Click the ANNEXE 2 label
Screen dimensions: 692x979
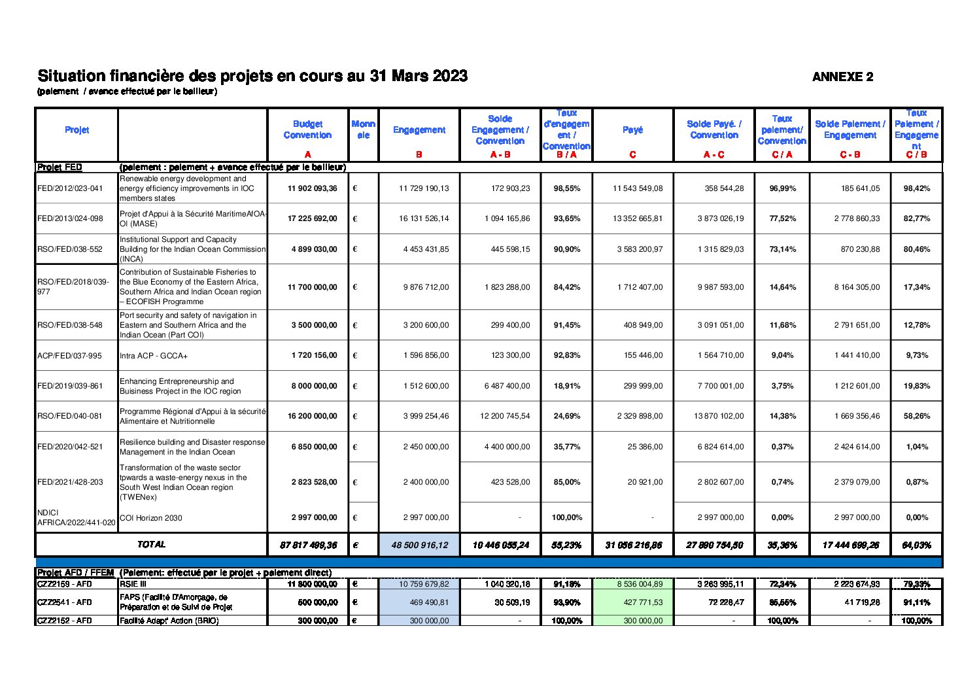tap(842, 77)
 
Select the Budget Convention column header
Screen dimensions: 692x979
tap(307, 130)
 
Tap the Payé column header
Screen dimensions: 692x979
tap(632, 130)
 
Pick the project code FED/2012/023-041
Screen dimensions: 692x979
tap(70, 188)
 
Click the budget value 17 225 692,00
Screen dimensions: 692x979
tap(313, 218)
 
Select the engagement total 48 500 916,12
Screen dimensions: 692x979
tap(420, 545)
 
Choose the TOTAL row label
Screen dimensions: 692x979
tap(151, 544)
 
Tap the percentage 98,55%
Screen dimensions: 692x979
tap(567, 188)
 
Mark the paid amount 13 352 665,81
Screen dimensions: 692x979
tap(638, 218)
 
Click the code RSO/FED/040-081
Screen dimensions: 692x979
tap(70, 416)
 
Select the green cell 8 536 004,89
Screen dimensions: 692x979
tap(633, 584)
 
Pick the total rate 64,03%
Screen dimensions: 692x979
tap(916, 545)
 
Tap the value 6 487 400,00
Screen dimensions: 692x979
tap(507, 386)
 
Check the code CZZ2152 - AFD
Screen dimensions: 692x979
tap(64, 621)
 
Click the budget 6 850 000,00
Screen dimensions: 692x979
tap(314, 447)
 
